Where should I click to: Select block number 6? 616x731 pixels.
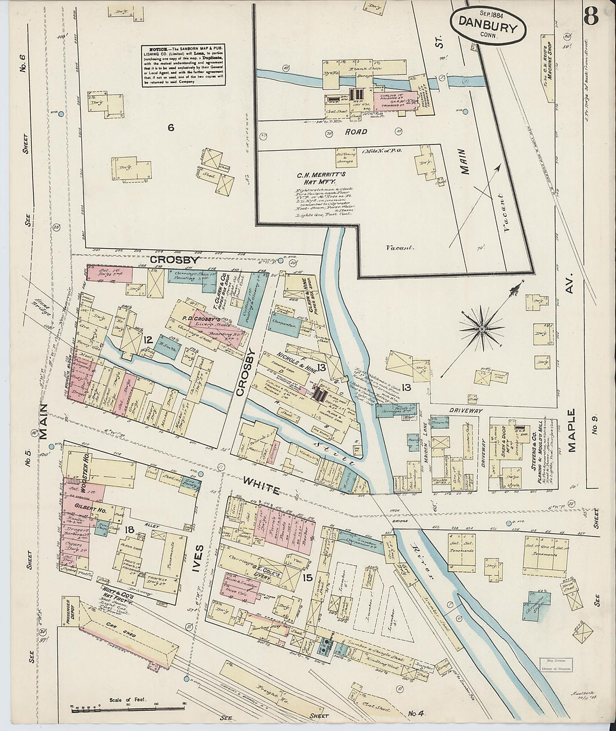171,128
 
